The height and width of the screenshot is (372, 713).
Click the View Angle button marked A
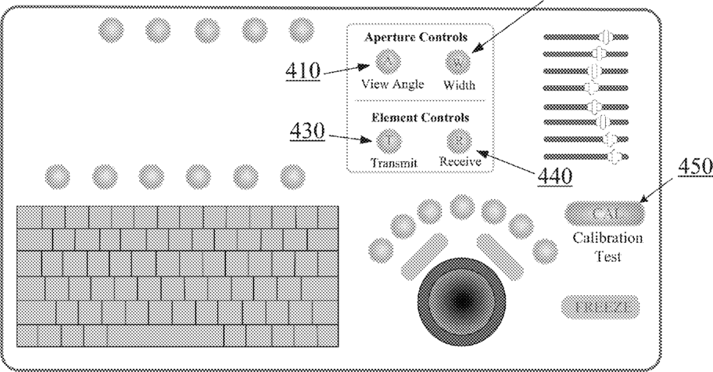tap(387, 61)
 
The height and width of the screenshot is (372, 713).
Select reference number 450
tap(691, 167)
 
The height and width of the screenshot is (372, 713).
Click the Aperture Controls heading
tap(417, 37)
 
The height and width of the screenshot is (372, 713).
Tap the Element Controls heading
tap(417, 117)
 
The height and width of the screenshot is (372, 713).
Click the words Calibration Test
tap(607, 247)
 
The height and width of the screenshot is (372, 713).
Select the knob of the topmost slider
tap(607, 36)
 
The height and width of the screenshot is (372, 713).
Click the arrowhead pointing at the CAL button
tap(644, 203)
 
